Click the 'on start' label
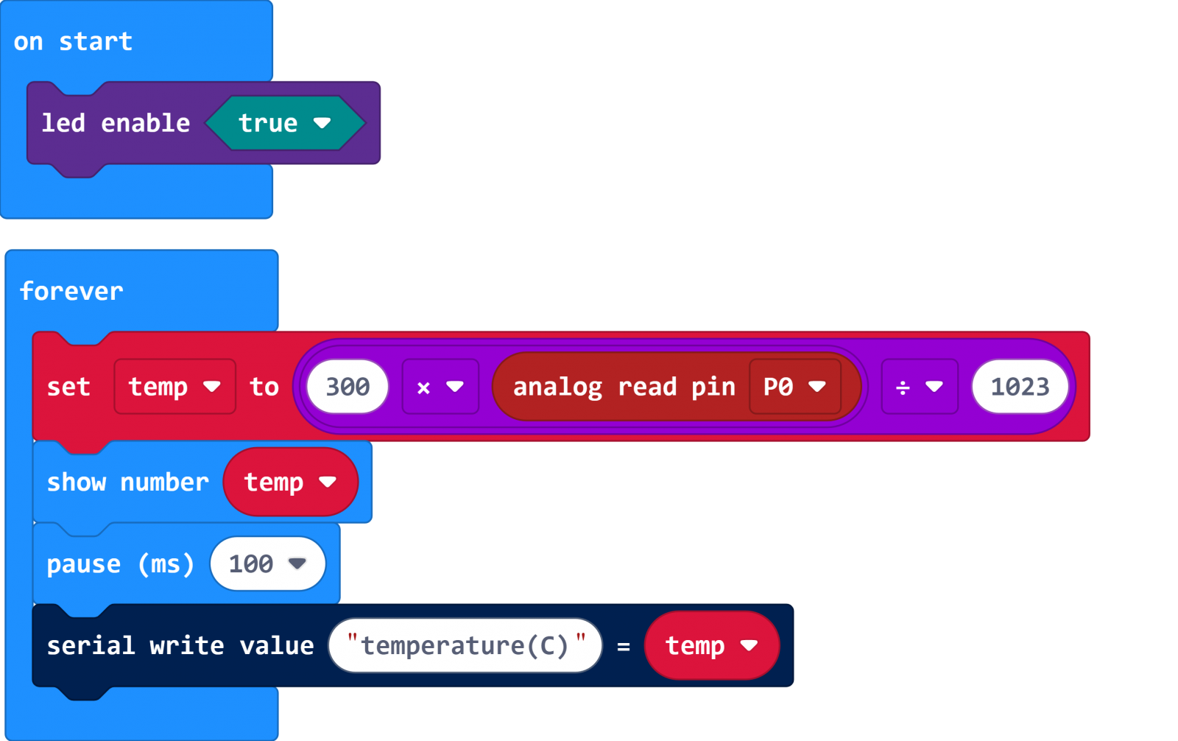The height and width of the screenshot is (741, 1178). [73, 42]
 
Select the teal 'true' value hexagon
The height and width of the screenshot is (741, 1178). [284, 123]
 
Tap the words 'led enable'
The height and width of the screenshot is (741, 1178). [116, 123]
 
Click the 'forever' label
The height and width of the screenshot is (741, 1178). [71, 291]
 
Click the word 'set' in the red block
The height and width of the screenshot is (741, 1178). [68, 387]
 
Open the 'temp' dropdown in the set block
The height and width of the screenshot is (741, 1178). [174, 387]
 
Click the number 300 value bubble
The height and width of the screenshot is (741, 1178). [348, 387]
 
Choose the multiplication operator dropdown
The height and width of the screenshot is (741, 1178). [440, 387]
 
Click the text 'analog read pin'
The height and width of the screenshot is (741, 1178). [624, 387]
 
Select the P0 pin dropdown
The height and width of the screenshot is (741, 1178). [794, 387]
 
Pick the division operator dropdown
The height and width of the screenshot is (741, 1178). [920, 387]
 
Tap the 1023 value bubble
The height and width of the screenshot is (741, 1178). [1020, 387]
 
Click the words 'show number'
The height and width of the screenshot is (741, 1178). [127, 482]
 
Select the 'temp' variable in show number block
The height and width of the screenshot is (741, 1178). [290, 482]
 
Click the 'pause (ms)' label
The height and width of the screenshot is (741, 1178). [120, 564]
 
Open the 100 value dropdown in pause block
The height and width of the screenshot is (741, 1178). [267, 564]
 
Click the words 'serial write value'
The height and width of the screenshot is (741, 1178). [180, 646]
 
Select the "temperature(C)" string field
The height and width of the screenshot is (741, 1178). [465, 646]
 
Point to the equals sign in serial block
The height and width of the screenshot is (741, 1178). [624, 647]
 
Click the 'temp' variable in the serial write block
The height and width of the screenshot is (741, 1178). [711, 646]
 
